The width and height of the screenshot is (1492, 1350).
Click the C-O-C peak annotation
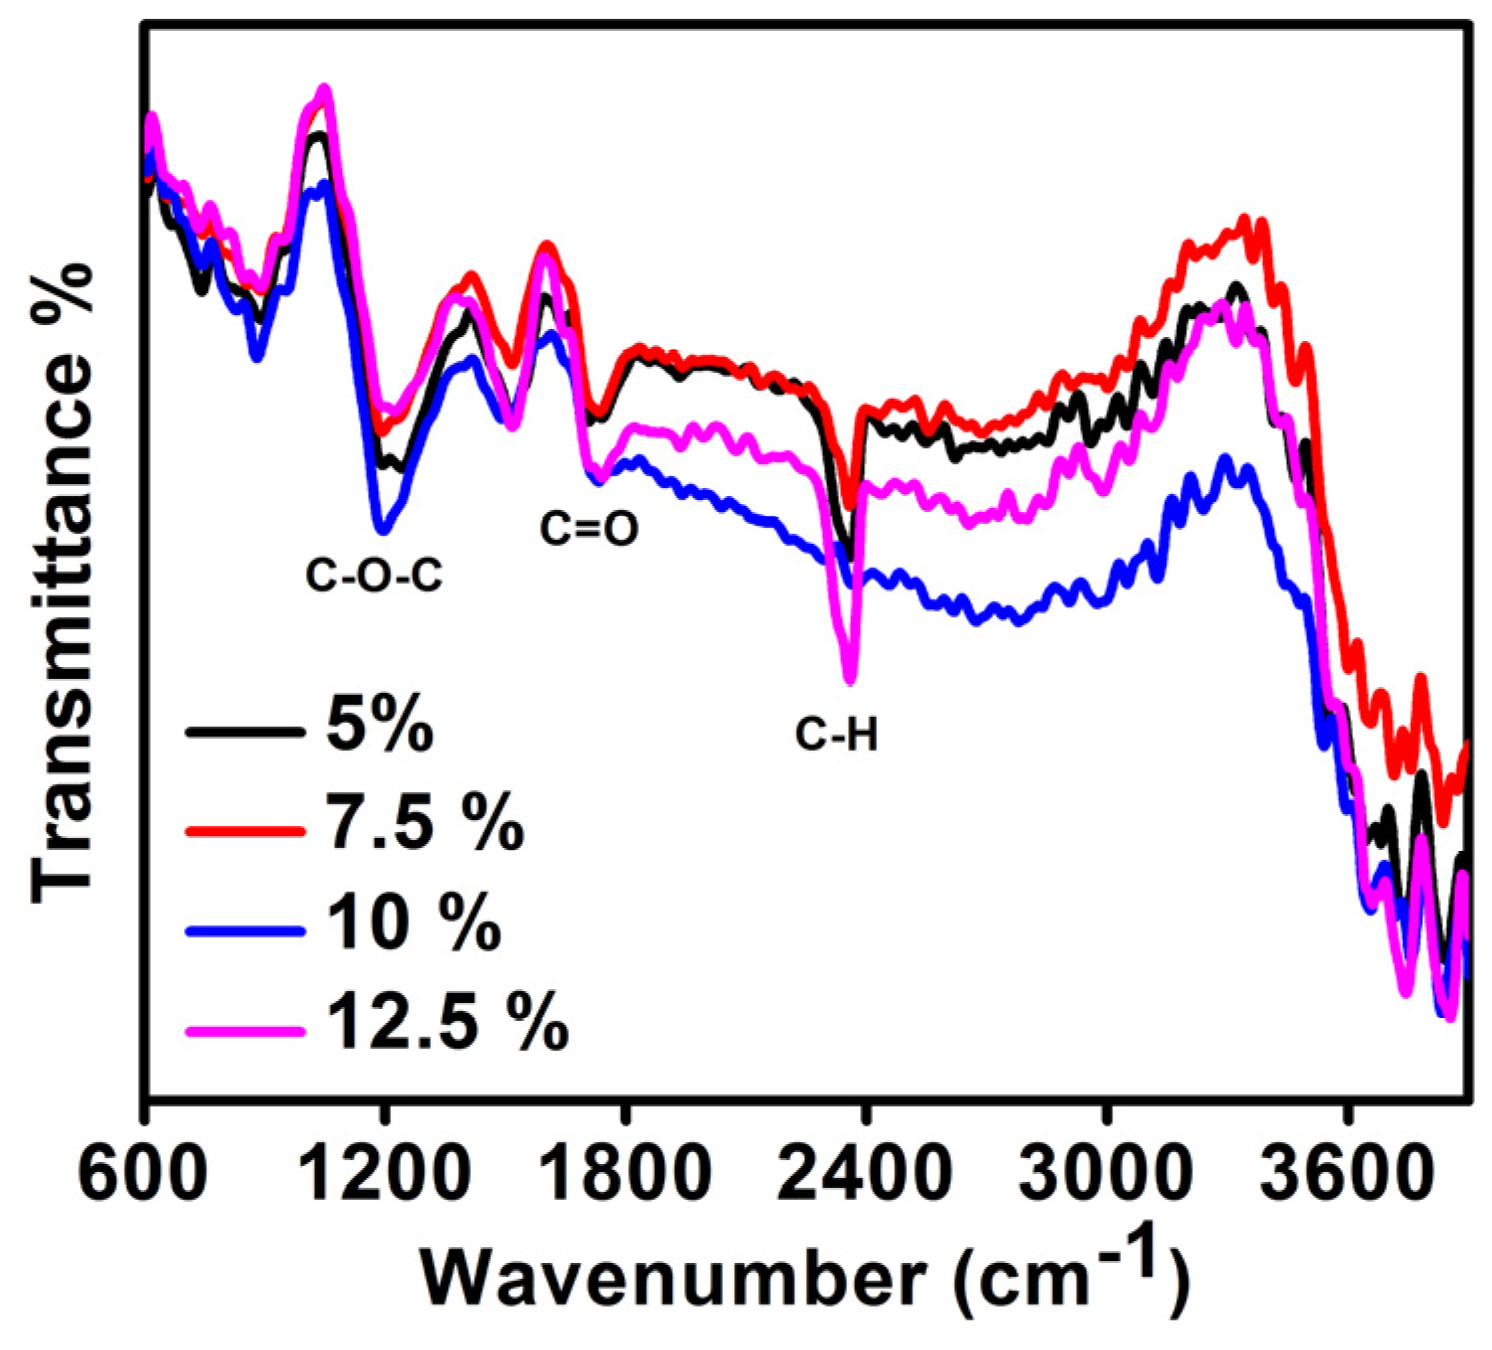click(374, 576)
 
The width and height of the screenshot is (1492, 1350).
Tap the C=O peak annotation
click(589, 529)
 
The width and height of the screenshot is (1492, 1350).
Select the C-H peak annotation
click(837, 736)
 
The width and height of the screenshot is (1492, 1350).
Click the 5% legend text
click(380, 725)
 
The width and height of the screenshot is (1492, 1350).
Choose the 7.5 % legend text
click(425, 823)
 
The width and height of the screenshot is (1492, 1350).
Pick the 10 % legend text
click(413, 922)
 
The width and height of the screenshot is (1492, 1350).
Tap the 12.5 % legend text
click(447, 1022)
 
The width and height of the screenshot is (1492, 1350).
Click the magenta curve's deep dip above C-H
click(850, 678)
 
